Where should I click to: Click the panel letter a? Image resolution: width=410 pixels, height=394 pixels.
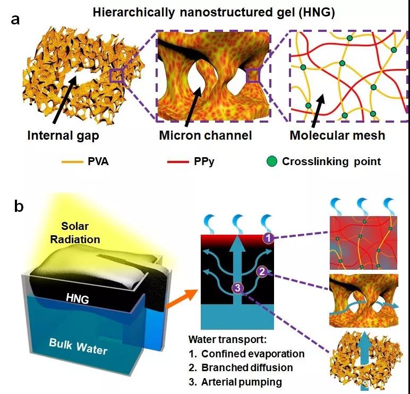(15, 19)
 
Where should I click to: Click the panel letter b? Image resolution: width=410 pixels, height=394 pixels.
(19, 206)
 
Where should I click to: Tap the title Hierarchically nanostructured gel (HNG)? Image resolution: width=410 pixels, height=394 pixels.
(213, 12)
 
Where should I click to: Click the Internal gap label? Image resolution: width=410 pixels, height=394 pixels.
(63, 136)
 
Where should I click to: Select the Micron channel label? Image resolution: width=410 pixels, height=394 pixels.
(206, 135)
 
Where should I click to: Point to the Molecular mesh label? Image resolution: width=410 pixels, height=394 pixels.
(337, 135)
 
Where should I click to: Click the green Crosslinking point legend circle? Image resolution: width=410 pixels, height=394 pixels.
(272, 161)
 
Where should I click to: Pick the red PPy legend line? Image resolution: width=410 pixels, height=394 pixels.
(178, 162)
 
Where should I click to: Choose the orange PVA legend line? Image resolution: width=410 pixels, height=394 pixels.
(72, 162)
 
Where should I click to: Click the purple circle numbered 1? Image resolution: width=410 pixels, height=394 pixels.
(269, 238)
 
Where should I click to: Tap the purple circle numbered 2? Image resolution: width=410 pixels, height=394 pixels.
(262, 272)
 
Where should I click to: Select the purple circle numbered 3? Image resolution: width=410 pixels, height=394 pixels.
(237, 288)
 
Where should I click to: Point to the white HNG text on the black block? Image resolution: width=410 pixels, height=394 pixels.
(78, 298)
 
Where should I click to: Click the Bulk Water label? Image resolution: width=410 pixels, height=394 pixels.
(78, 347)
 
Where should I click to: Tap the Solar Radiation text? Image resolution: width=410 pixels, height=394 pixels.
(75, 233)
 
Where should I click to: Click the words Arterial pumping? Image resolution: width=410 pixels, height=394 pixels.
(241, 382)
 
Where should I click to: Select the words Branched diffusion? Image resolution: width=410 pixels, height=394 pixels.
(247, 367)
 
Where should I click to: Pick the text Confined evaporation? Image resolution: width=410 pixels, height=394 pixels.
(253, 354)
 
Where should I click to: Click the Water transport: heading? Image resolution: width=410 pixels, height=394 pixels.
(227, 340)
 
